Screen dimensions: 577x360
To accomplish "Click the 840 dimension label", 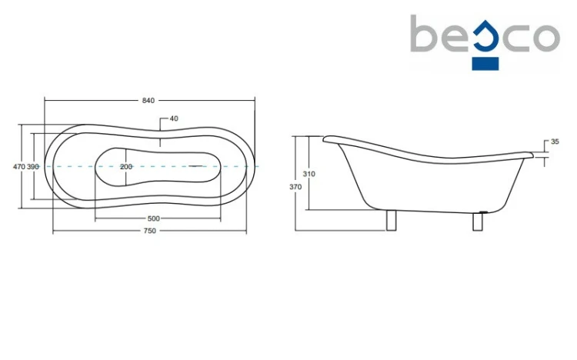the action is click(x=148, y=101).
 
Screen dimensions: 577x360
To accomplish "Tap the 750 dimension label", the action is click(x=150, y=231).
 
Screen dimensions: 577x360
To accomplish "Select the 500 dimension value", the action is click(x=153, y=218).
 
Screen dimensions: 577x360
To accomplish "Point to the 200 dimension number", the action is click(x=126, y=167).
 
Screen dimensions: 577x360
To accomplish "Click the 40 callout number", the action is click(x=174, y=118).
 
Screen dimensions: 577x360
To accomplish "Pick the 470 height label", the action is click(x=19, y=167).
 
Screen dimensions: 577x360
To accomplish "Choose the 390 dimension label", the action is click(x=33, y=167).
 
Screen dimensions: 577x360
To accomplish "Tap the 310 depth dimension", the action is click(x=309, y=174).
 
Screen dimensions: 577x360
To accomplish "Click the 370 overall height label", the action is click(x=295, y=187).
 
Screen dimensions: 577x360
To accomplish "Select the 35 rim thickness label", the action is click(x=555, y=142).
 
